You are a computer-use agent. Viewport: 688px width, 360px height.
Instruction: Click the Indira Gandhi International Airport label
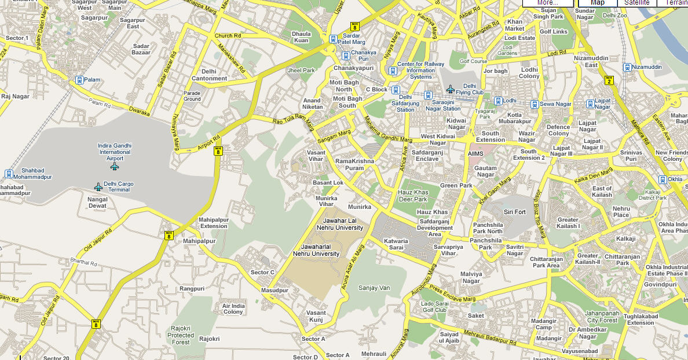[x=115, y=152]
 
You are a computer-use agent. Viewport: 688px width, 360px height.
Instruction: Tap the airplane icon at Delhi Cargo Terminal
[x=98, y=187]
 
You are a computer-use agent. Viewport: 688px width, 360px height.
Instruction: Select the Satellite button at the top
[x=636, y=3]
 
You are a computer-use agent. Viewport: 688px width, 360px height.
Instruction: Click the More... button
[x=547, y=3]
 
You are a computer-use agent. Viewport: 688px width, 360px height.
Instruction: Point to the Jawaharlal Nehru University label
[x=316, y=250]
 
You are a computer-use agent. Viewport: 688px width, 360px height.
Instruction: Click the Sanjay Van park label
[x=374, y=288]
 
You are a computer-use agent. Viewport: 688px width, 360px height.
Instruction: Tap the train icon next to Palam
[x=79, y=80]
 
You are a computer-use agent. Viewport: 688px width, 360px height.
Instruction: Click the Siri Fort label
[x=514, y=212]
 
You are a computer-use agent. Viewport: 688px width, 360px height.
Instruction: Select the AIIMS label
[x=475, y=154]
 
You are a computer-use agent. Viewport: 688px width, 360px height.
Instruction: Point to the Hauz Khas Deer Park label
[x=412, y=196]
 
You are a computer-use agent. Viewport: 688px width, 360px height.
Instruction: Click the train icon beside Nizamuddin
[x=627, y=67]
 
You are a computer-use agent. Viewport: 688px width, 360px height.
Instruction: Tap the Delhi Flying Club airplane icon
[x=451, y=89]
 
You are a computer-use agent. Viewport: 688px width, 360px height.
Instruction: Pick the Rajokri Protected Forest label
[x=181, y=335]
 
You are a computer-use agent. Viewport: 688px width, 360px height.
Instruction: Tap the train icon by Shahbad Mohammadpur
[x=9, y=174]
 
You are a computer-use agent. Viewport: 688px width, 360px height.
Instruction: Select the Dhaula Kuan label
[x=301, y=37]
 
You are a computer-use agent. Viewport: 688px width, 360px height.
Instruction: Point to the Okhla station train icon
[x=663, y=179]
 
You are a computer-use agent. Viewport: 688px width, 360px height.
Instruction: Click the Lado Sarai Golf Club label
[x=434, y=307]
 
